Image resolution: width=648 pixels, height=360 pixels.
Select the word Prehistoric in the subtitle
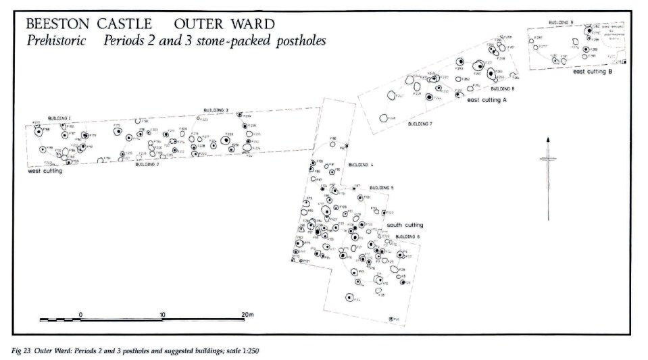(56, 41)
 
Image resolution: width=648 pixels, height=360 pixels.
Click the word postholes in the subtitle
(297, 41)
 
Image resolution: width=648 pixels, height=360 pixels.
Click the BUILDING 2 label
(147, 164)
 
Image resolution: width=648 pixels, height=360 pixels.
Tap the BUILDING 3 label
(216, 110)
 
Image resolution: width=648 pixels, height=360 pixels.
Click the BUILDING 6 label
(407, 236)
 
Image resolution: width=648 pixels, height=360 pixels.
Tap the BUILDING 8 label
(503, 89)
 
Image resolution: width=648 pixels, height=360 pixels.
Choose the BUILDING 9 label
(561, 22)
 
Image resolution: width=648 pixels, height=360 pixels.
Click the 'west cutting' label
(45, 172)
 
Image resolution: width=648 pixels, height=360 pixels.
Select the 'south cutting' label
(405, 226)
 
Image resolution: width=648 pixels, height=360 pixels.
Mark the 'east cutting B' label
(593, 72)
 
